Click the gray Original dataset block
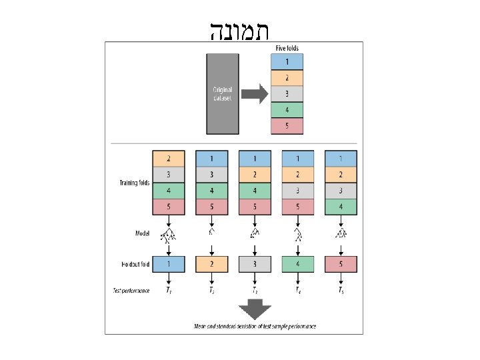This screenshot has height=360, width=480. tap(223, 93)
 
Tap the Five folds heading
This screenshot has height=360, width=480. tap(287, 48)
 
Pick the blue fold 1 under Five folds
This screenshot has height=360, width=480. tap(287, 62)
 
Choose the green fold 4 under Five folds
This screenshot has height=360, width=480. tap(287, 110)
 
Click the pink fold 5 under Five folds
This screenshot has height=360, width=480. tap(287, 126)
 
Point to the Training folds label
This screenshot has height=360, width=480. tap(134, 182)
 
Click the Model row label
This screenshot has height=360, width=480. tap(141, 233)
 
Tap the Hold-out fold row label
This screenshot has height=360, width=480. tap(133, 265)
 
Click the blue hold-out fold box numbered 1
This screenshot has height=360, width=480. tap(169, 264)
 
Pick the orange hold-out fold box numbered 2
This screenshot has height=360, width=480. tap(211, 264)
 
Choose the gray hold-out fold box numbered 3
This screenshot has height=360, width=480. tap(255, 264)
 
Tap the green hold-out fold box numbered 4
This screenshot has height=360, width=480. tap(297, 264)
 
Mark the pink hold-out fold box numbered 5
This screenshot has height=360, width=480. tap(341, 264)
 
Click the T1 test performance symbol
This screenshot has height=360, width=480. tap(169, 291)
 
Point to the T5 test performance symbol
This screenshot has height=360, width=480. tap(341, 291)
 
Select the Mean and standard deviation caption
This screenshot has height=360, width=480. tap(255, 326)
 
